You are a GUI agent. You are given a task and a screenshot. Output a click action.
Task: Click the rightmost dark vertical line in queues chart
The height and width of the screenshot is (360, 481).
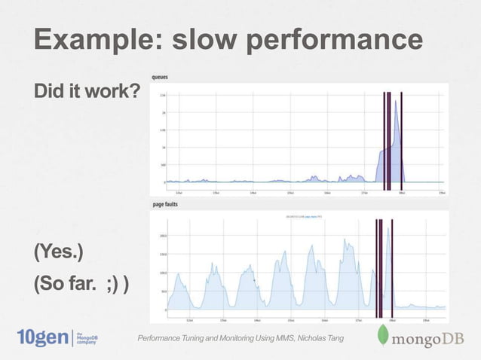click(x=402, y=139)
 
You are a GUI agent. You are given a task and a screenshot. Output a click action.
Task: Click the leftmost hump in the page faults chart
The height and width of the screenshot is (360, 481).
click(x=179, y=286)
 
